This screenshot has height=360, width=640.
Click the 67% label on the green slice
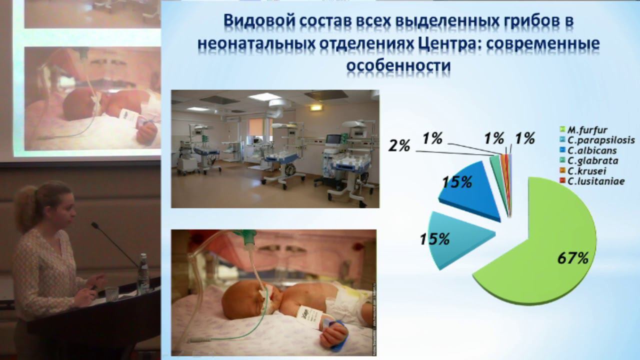point(573,258)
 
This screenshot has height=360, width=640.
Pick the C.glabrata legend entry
point(589,161)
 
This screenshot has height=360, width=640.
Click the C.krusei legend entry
point(583,171)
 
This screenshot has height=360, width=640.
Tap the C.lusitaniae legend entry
point(592,181)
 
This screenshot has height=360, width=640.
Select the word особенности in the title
point(398,65)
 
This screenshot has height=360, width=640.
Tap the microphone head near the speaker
point(94,225)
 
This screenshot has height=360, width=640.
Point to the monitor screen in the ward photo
point(333,139)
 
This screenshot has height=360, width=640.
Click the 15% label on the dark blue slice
point(457,182)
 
